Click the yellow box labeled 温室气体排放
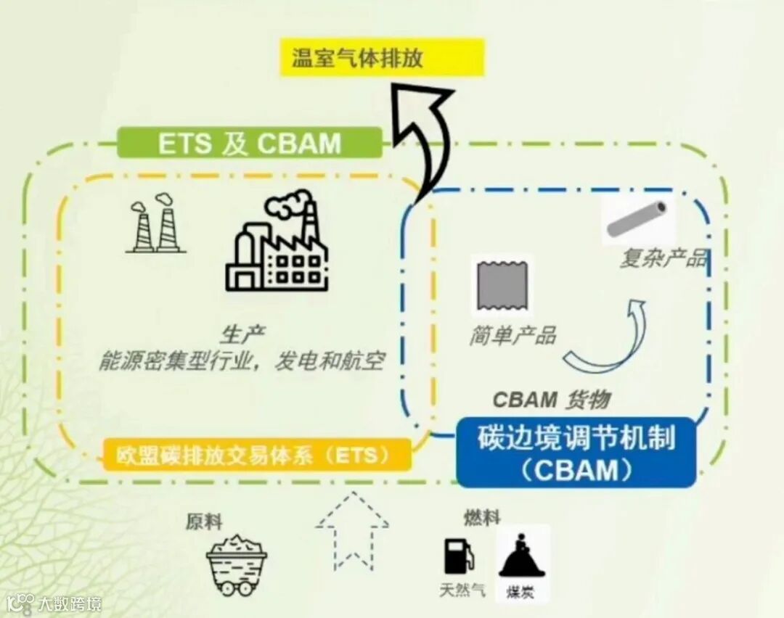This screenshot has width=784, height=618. click(382, 58)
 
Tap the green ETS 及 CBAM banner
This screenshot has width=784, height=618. click(249, 143)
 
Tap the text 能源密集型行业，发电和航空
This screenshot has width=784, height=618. click(241, 361)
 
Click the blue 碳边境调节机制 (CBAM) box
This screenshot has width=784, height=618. click(576, 453)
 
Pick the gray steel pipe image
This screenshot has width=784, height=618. click(637, 221)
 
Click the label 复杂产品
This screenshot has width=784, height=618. click(662, 259)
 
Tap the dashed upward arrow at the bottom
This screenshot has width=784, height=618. click(352, 530)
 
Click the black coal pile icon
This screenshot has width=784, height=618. click(519, 556)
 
